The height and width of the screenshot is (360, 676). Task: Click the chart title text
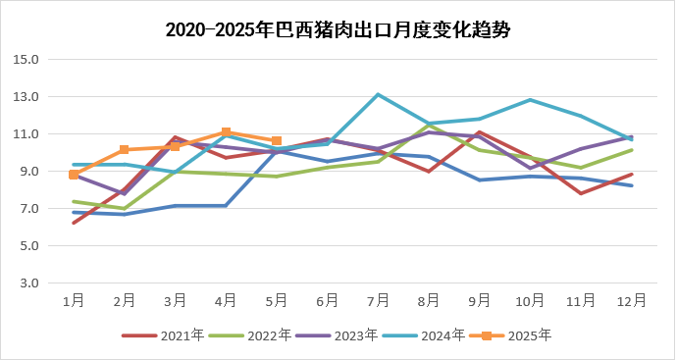coord(338,29)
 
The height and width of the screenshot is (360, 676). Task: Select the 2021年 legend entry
coord(163,335)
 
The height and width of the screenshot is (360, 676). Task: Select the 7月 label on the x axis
coord(378,300)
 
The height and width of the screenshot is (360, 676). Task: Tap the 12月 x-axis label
coord(631,300)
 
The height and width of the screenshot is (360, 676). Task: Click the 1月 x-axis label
coord(74,300)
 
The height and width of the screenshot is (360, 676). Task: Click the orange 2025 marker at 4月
coord(226,132)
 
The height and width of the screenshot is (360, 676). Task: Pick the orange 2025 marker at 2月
coord(125,150)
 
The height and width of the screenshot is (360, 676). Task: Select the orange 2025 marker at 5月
coord(277,141)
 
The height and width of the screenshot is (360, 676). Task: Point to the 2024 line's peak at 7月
coord(378,95)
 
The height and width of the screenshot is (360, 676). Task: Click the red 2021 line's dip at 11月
coord(581,193)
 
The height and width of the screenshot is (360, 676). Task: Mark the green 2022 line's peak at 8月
coord(429,126)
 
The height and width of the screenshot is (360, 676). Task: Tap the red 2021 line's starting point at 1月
coord(74,224)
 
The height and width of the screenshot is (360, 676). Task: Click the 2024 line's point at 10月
coord(530,100)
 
